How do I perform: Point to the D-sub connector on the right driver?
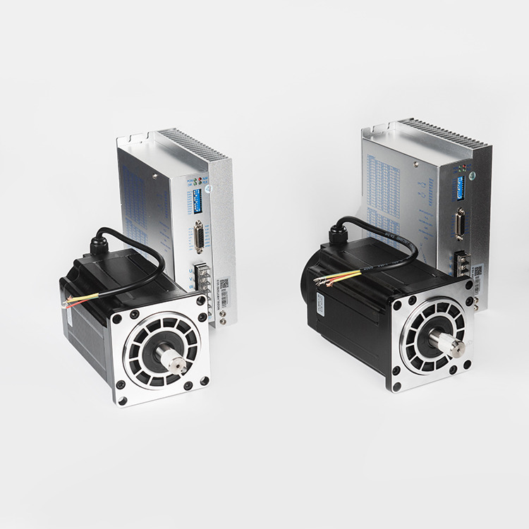click(461, 224)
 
